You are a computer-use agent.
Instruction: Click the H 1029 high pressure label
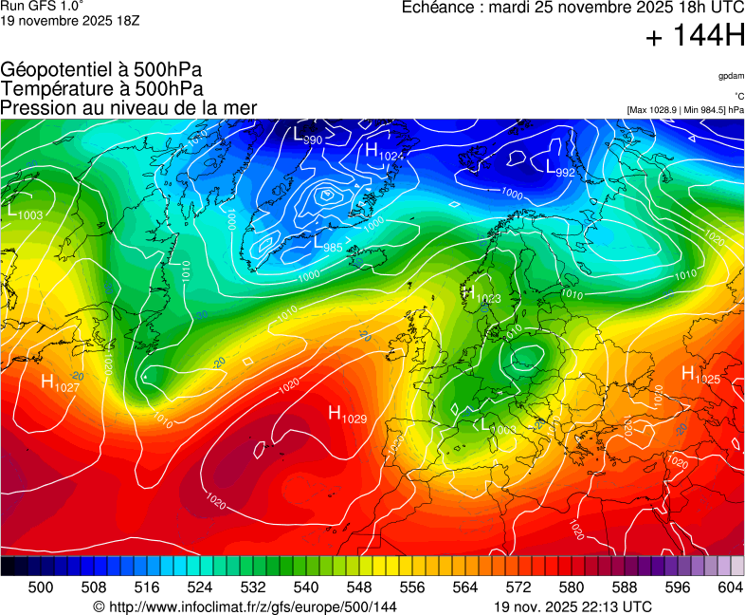click(x=347, y=414)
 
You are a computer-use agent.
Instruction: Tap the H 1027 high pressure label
click(x=60, y=383)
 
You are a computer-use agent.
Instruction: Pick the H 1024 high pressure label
click(x=383, y=152)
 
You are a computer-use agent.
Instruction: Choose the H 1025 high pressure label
click(x=700, y=376)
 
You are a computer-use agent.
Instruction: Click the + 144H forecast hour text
click(x=694, y=37)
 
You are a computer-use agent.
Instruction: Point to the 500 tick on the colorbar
click(x=41, y=587)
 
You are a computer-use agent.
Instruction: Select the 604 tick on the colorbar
click(x=730, y=587)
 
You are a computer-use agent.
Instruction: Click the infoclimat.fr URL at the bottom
click(x=245, y=606)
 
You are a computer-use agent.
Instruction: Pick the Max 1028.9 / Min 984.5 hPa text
click(x=685, y=110)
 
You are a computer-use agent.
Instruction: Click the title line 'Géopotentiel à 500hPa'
click(x=101, y=70)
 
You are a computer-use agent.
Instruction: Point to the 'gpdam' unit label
click(x=730, y=75)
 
